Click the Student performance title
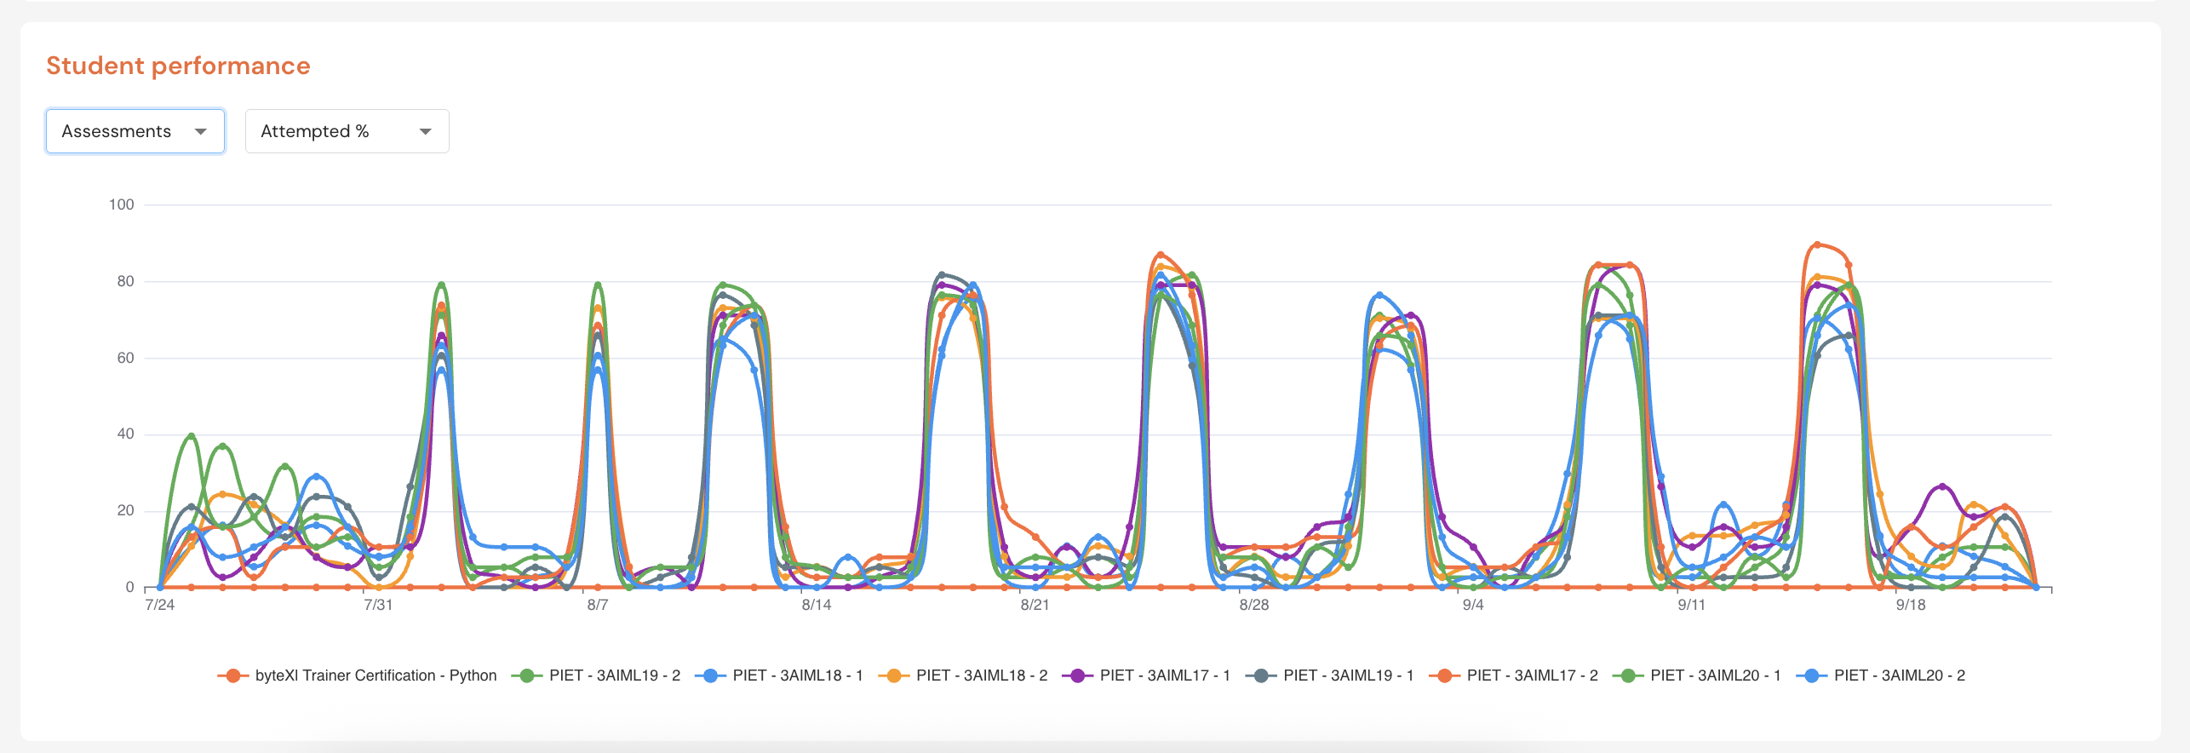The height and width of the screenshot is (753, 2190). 178,66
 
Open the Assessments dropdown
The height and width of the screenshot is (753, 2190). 135,131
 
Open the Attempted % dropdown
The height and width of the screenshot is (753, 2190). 347,131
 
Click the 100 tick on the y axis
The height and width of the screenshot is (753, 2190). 122,204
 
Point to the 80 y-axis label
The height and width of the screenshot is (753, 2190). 125,281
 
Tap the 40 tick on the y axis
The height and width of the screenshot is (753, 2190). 125,434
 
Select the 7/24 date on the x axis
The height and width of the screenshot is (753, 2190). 160,605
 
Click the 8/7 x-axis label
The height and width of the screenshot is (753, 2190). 598,605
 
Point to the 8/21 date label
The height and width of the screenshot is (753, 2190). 1035,605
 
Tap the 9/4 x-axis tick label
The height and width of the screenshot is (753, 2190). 1473,605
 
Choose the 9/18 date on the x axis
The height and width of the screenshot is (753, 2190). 1911,605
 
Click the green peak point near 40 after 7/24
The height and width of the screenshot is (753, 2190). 192,436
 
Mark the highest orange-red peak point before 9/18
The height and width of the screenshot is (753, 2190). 1817,244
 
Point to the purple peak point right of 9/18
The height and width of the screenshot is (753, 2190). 1942,486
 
